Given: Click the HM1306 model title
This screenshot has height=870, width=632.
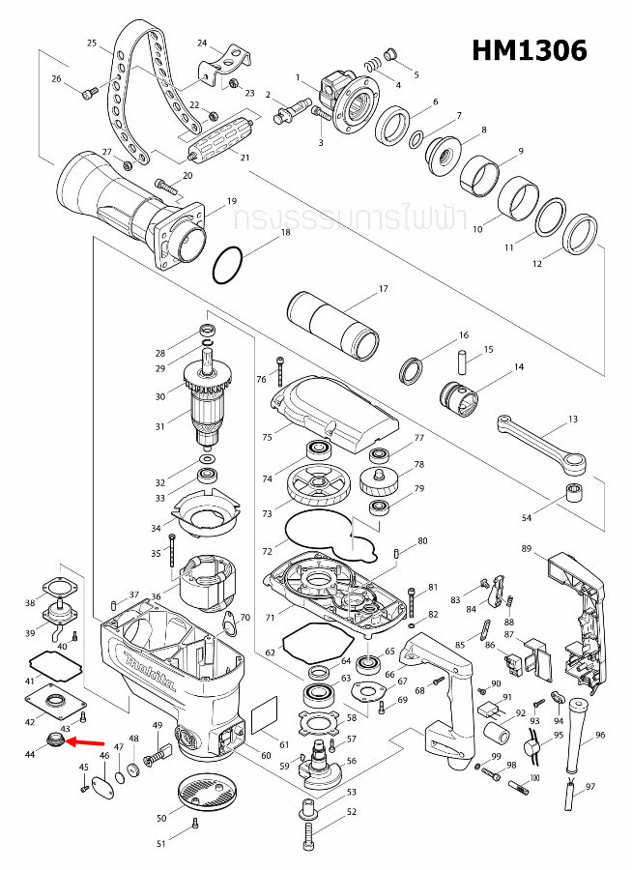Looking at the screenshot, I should tap(529, 50).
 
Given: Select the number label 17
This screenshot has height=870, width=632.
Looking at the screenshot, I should tap(383, 289).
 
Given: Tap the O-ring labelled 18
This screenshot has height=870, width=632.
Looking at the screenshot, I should tap(229, 264).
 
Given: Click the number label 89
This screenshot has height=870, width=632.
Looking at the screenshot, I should tap(526, 549).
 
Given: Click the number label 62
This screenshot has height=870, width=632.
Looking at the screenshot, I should tap(271, 653).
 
